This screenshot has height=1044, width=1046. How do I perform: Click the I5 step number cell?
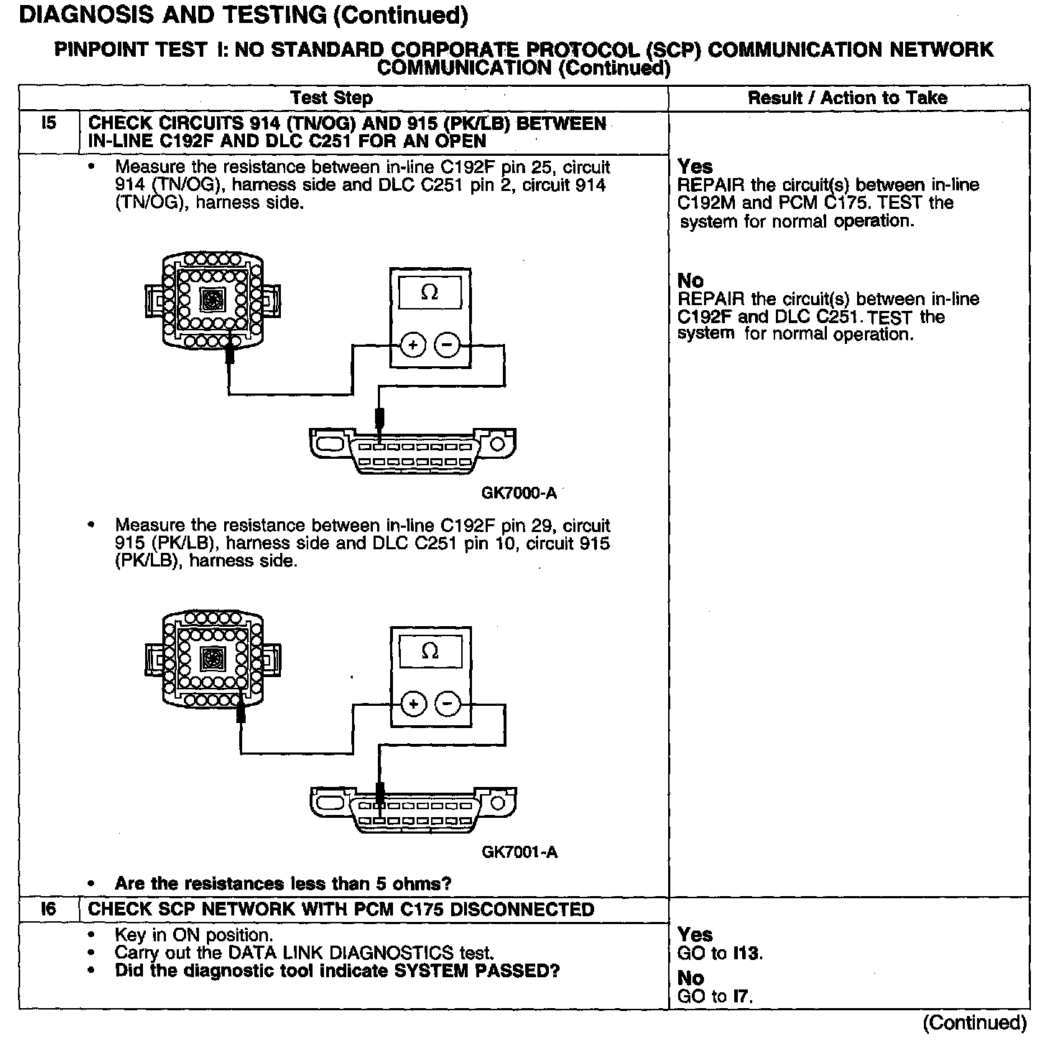tap(48, 124)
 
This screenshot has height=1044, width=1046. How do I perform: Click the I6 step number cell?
tap(48, 909)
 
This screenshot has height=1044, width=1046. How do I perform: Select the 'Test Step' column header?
tap(331, 98)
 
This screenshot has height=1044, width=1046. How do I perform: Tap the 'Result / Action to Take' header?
tap(848, 98)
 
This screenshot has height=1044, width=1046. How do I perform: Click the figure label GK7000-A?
tap(519, 493)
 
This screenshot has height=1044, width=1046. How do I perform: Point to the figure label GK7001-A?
tap(519, 852)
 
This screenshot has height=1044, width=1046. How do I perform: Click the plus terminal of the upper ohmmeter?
tap(413, 345)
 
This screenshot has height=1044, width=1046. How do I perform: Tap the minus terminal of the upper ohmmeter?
tap(448, 345)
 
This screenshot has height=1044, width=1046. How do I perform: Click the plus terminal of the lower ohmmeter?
tap(413, 704)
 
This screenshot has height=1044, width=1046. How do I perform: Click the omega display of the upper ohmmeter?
tap(430, 293)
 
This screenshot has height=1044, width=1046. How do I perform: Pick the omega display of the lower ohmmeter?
tap(430, 651)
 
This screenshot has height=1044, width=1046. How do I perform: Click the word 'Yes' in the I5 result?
tap(695, 167)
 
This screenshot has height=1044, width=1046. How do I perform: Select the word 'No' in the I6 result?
tap(690, 978)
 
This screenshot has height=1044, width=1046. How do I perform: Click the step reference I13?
tap(748, 954)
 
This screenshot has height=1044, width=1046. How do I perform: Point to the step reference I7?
tap(742, 997)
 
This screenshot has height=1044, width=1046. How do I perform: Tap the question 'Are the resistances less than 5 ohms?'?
tap(283, 883)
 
